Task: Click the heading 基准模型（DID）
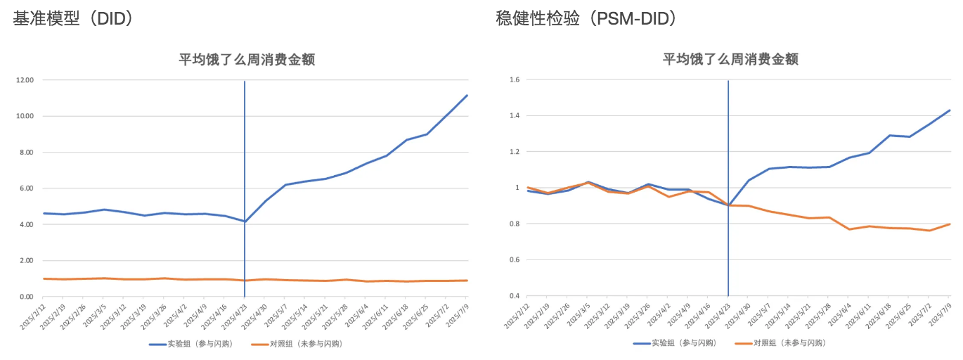click(x=73, y=19)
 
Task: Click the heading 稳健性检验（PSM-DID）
click(x=586, y=19)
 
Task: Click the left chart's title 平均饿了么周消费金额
click(x=246, y=60)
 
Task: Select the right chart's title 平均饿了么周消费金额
click(x=730, y=60)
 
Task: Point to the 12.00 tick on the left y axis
click(x=25, y=80)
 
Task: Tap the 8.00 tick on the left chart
click(x=26, y=153)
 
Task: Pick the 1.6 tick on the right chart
click(x=515, y=80)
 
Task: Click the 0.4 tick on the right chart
click(x=515, y=296)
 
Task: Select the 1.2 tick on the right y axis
click(x=515, y=152)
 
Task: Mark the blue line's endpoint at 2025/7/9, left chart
click(x=467, y=96)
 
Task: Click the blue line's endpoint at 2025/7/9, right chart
click(x=950, y=110)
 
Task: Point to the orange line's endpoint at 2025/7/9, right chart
click(x=950, y=224)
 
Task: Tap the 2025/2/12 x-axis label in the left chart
click(x=34, y=318)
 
